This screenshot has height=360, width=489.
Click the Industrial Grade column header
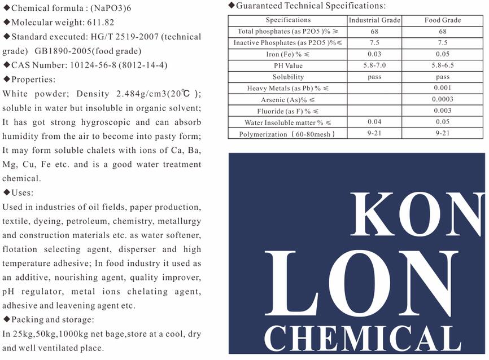pos(374,20)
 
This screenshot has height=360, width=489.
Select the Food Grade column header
pos(443,20)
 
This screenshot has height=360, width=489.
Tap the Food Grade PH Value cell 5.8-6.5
pos(443,65)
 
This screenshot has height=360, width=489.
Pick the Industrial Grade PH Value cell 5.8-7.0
pos(374,65)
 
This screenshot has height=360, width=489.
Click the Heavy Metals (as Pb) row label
pos(288,89)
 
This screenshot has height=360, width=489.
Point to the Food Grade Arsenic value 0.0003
pos(443,100)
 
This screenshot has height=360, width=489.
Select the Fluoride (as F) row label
pos(288,111)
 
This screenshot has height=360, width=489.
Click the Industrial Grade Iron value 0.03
pos(374,54)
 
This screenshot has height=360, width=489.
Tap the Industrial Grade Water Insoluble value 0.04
pos(374,122)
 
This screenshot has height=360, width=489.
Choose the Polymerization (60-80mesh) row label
pos(287,134)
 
